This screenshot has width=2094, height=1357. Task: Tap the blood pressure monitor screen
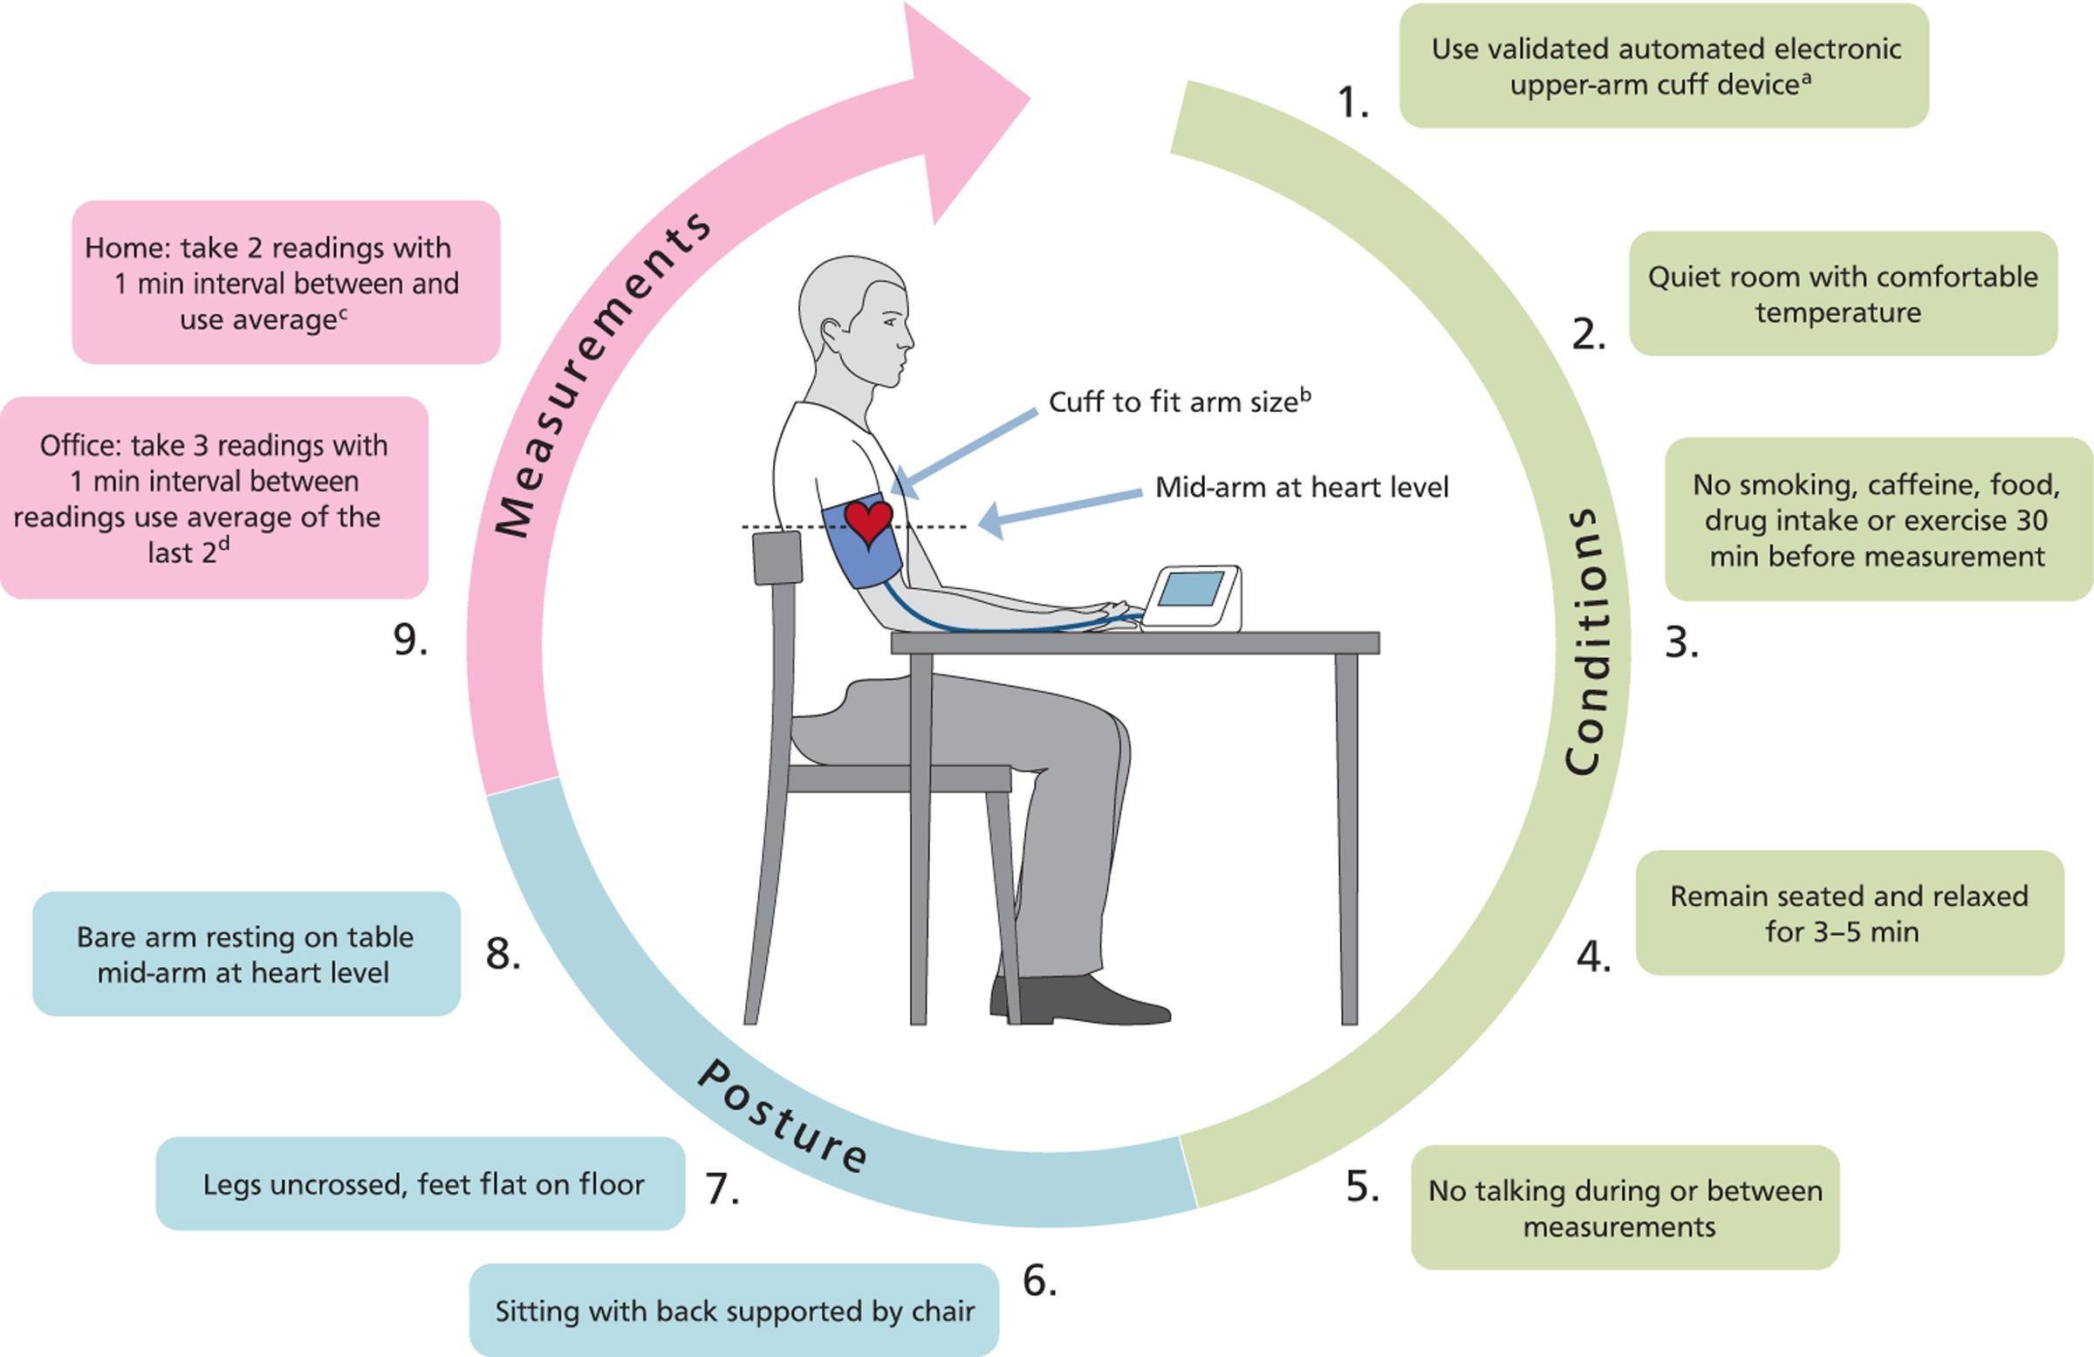tap(1190, 589)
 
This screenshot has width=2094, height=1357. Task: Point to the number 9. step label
tap(410, 640)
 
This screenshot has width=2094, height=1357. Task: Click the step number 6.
tap(1039, 1280)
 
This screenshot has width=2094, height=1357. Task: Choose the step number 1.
tap(1353, 102)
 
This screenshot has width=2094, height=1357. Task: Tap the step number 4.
tap(1593, 956)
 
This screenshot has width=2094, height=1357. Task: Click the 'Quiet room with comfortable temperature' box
tap(1844, 294)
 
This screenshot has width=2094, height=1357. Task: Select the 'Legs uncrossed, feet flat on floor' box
tap(421, 1183)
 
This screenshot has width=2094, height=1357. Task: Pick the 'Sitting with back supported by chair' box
tap(734, 1311)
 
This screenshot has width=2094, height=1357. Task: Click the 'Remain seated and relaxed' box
tap(1850, 913)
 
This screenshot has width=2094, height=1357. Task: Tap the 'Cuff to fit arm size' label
tap(1179, 401)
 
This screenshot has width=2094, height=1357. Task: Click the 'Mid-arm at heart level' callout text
tap(1301, 487)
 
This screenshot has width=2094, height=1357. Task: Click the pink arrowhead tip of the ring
tap(1030, 98)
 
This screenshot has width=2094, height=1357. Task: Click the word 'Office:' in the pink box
tap(81, 445)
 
